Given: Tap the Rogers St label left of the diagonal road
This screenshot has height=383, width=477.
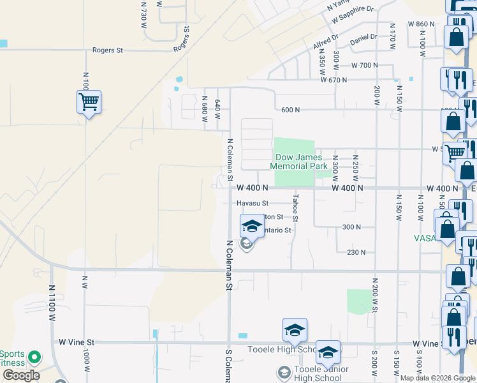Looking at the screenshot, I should tap(107, 50).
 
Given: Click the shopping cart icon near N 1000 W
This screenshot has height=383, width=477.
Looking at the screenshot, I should tap(89, 101).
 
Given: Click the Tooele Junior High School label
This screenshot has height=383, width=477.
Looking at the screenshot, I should tap(321, 373).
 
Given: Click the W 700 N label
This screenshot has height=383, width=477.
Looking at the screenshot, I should tap(364, 66).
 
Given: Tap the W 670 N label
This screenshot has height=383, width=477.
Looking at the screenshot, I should tap(334, 80).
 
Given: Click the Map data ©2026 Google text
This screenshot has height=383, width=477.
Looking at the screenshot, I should tap(437, 378).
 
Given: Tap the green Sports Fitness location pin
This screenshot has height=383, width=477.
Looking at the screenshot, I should tap(35, 357).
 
